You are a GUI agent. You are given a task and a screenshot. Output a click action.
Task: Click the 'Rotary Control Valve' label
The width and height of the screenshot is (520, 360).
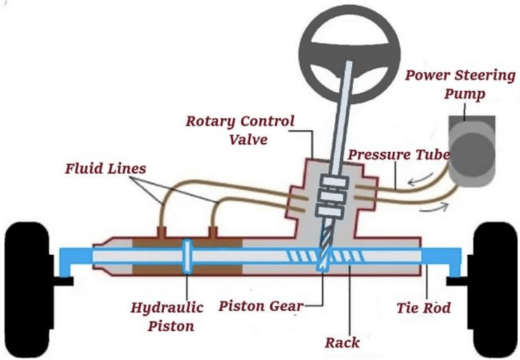pyautogui.click(x=240, y=128)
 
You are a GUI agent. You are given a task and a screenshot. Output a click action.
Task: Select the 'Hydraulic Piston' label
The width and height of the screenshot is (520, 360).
pyautogui.click(x=167, y=317)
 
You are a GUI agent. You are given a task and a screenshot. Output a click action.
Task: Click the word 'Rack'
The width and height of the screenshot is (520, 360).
pyautogui.click(x=342, y=343)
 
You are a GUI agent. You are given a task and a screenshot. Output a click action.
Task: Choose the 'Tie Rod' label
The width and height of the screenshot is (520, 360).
pyautogui.click(x=424, y=308)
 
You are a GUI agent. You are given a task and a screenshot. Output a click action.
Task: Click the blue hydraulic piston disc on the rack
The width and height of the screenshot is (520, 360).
pyautogui.click(x=188, y=257)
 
